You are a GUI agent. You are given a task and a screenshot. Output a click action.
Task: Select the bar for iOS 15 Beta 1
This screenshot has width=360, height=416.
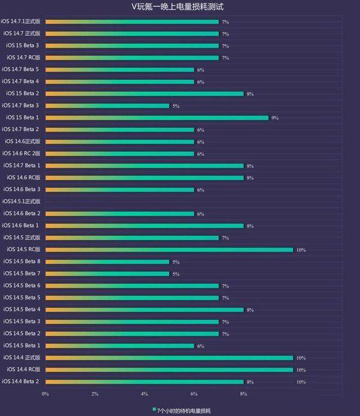pyautogui.click(x=157, y=118)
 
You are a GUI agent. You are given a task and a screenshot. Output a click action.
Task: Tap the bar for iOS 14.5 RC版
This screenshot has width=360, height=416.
pyautogui.click(x=169, y=250)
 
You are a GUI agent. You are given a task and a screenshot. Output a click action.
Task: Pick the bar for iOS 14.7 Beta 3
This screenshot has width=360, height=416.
pyautogui.click(x=107, y=106)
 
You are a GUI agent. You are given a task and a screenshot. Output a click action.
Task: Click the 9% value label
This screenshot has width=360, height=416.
pyautogui.click(x=275, y=118)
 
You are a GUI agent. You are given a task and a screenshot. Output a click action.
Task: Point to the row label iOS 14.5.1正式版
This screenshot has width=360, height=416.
pyautogui.click(x=21, y=202)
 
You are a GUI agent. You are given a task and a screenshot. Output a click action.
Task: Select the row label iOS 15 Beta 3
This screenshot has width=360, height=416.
pyautogui.click(x=23, y=46)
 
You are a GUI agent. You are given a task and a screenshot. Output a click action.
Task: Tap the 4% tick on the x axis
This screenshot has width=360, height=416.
pyautogui.click(x=145, y=394)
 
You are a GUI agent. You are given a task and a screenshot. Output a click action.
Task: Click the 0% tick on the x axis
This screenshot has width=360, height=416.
pyautogui.click(x=46, y=394)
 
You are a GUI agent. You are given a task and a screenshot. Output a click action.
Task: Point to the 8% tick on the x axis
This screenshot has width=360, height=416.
pyautogui.click(x=244, y=394)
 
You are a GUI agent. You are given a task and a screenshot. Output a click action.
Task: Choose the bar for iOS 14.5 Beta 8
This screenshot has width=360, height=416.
pyautogui.click(x=107, y=262)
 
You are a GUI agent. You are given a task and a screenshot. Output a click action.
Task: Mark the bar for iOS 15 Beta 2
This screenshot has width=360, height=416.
pyautogui.click(x=144, y=94)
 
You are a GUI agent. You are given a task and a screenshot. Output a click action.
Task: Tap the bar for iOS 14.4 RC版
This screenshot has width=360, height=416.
pyautogui.click(x=169, y=370)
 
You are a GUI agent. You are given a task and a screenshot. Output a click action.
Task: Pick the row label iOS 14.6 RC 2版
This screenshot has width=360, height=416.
pyautogui.click(x=22, y=154)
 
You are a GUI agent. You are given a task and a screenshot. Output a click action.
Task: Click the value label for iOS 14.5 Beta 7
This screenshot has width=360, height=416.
pyautogui.click(x=176, y=274)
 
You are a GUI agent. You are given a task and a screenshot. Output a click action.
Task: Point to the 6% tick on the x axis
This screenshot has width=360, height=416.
pyautogui.click(x=194, y=394)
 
